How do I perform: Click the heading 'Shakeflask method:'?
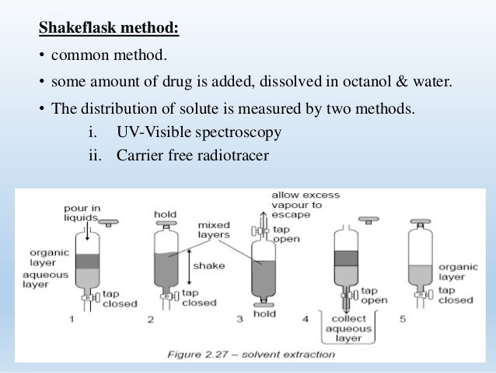coord(110,30)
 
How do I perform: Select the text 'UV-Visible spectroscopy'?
coord(199,132)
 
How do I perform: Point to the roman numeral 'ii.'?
coord(95,156)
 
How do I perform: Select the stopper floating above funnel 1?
coord(109,222)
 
